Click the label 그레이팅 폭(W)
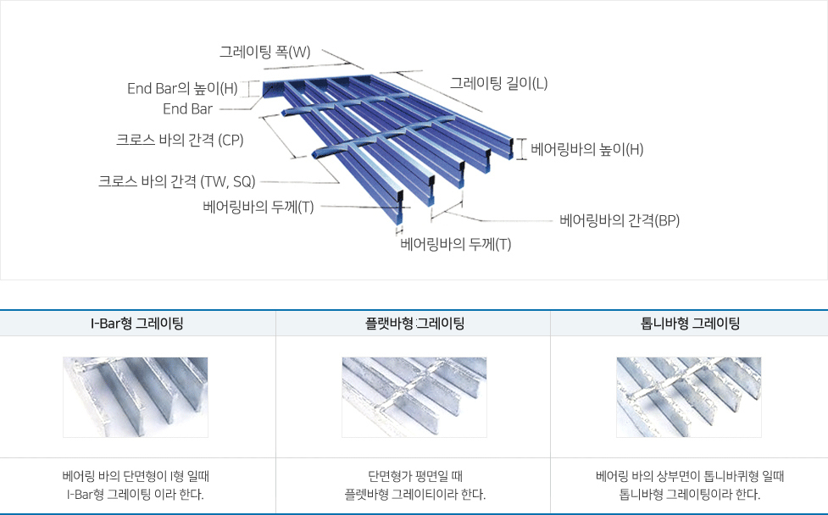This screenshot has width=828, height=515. click(265, 53)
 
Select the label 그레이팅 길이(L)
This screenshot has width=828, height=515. click(498, 83)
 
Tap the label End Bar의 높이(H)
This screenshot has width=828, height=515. click(182, 88)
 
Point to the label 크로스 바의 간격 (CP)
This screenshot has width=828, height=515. click(180, 140)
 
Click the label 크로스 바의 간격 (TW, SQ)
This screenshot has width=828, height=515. click(177, 181)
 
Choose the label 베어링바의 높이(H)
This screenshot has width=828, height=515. click(586, 149)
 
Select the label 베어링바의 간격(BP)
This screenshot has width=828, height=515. click(620, 220)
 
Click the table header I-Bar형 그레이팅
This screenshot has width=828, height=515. click(137, 323)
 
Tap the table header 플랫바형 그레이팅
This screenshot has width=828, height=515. click(414, 323)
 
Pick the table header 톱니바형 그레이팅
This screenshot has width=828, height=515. click(690, 323)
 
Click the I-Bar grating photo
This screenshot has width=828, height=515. click(136, 397)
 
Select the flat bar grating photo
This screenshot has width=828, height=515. click(414, 397)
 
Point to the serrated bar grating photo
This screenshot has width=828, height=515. click(689, 397)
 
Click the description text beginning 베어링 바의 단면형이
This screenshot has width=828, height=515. click(136, 485)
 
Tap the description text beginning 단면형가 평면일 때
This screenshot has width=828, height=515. click(415, 485)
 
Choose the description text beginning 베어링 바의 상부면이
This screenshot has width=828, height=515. click(690, 485)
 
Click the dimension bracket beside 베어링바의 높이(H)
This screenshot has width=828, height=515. click(522, 149)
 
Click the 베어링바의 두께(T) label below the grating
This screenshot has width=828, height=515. click(456, 244)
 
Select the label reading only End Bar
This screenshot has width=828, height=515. click(187, 108)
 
